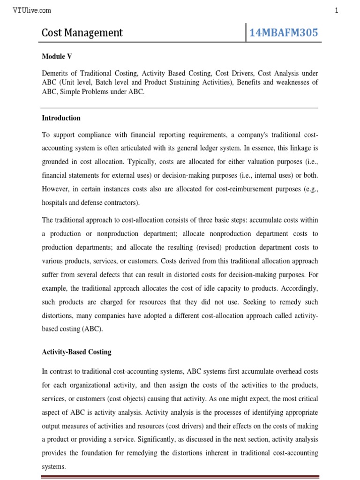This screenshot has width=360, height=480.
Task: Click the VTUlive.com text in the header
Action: click(x=32, y=10)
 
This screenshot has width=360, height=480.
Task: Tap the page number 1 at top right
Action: click(x=337, y=10)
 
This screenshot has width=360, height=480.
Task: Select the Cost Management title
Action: click(x=82, y=32)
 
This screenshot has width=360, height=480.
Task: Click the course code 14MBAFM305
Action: click(x=284, y=32)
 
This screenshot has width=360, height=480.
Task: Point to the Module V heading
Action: click(x=57, y=56)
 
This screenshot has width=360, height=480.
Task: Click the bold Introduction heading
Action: click(x=61, y=118)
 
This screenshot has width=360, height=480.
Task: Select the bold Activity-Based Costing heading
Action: click(x=77, y=352)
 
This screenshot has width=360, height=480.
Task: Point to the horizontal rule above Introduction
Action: click(x=180, y=108)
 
